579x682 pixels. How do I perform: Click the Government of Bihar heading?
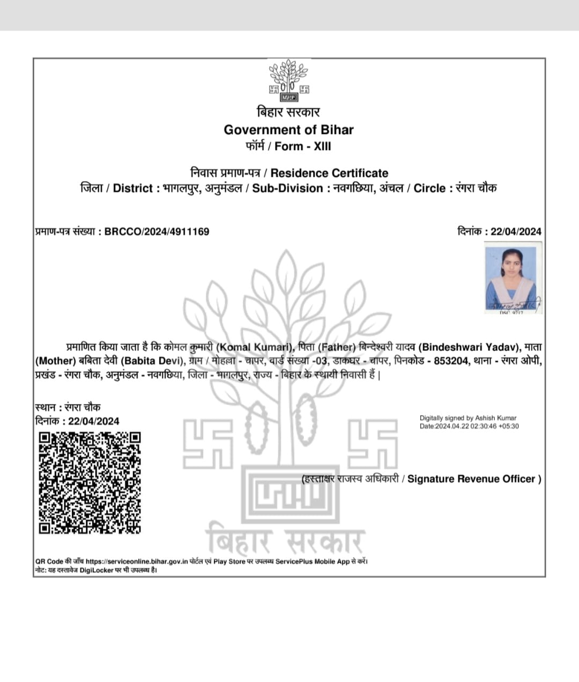pyautogui.click(x=288, y=130)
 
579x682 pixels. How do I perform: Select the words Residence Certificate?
pyautogui.click(x=329, y=173)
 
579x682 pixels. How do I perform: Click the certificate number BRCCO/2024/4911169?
pyautogui.click(x=157, y=231)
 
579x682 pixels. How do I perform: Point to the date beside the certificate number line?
pyautogui.click(x=516, y=231)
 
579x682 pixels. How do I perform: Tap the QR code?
pyautogui.click(x=90, y=483)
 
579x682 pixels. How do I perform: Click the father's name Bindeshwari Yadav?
pyautogui.click(x=469, y=347)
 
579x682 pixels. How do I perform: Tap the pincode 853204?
pyautogui.click(x=451, y=361)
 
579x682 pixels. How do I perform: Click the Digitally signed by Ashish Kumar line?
pyautogui.click(x=468, y=418)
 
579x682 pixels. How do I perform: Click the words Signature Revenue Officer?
pyautogui.click(x=471, y=479)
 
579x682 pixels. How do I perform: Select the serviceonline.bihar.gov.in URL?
pyautogui.click(x=137, y=561)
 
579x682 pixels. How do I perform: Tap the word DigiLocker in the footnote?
pyautogui.click(x=96, y=570)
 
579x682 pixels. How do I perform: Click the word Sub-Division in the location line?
pyautogui.click(x=287, y=188)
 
